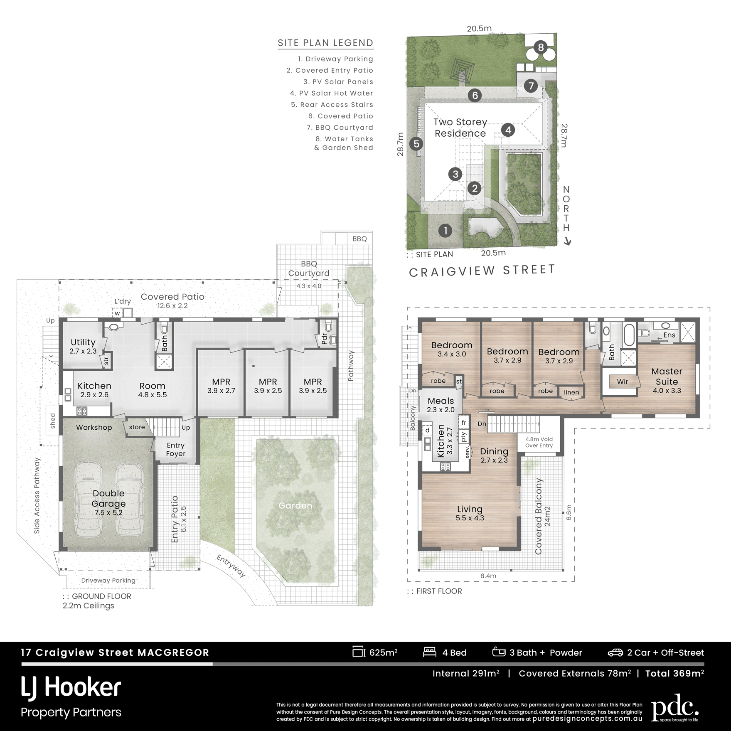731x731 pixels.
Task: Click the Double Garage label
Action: pos(108,498)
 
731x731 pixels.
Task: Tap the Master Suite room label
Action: pos(667,377)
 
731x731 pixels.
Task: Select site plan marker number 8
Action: pos(541,47)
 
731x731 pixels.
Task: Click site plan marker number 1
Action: pos(445,231)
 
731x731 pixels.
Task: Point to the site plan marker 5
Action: pos(416,144)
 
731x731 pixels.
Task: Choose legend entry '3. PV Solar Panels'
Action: pos(338,82)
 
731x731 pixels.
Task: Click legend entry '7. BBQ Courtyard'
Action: pos(340,128)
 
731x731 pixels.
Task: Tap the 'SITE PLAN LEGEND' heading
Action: pos(325,43)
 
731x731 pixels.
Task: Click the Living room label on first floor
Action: pos(470,509)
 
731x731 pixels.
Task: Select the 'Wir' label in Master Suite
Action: pos(623,381)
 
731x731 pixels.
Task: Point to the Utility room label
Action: pos(83,342)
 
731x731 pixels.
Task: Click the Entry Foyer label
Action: pos(175,449)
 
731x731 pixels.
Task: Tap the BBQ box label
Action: pos(359,239)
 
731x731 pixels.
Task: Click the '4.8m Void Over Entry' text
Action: pos(539,442)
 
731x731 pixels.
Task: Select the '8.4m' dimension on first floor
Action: pos(488,576)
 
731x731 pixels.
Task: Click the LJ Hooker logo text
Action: pos(71,688)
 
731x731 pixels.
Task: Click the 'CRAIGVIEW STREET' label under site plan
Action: pos(482,271)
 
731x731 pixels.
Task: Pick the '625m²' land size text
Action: pos(383,652)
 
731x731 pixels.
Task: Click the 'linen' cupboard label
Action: pos(571,392)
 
